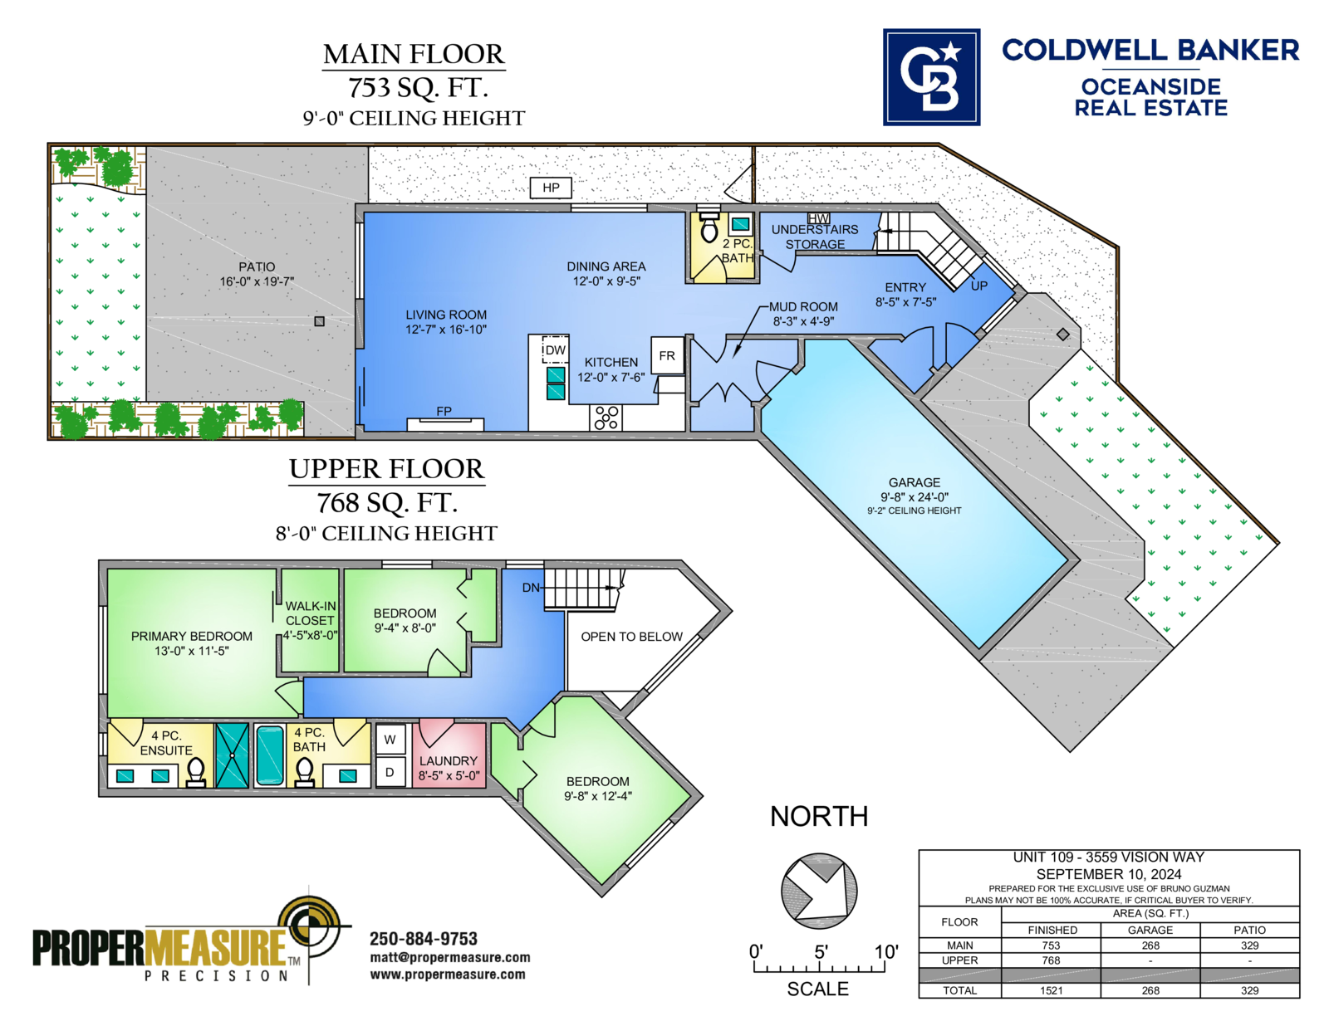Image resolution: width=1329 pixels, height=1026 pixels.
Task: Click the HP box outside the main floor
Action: coord(551,188)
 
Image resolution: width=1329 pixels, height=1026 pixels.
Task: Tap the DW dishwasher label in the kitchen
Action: coord(555,350)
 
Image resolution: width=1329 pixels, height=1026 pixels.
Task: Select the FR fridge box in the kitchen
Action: coord(667,355)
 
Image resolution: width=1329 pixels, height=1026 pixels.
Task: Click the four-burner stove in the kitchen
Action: coord(606,418)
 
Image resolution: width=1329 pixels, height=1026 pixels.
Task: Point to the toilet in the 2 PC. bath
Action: coord(709,227)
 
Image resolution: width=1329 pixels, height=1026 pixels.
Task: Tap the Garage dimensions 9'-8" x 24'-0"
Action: coord(915,496)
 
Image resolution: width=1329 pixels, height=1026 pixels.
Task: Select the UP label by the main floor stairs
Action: coord(978,286)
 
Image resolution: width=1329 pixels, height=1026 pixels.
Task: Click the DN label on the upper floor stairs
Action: coord(531,587)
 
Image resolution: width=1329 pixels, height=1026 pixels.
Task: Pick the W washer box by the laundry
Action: coord(390,740)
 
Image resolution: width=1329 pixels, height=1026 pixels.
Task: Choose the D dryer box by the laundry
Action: coord(390,772)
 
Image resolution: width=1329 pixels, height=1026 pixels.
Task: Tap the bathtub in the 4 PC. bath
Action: coord(270,755)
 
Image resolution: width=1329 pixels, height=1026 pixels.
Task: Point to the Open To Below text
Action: coord(631,637)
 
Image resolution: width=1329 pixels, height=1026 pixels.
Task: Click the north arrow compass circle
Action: coord(819,891)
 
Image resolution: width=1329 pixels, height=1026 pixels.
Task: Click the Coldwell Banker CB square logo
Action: coord(931,77)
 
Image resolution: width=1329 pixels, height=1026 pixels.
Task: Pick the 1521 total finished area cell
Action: coord(1051,990)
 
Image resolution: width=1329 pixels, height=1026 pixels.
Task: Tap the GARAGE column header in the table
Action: coord(1150,930)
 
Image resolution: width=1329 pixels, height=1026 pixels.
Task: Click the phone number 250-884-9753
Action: coord(424,939)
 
